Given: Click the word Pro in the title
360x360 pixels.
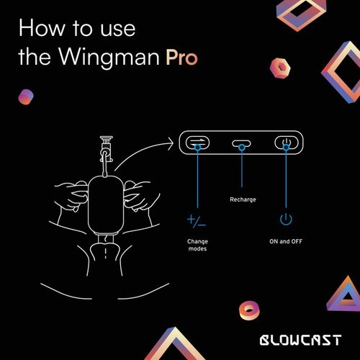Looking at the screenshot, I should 183,58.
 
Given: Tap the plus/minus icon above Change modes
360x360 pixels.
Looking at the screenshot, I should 196,220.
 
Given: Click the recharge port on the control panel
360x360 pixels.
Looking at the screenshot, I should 241,144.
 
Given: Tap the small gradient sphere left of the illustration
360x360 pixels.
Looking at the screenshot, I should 27,96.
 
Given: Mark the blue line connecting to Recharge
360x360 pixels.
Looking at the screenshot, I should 241,169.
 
